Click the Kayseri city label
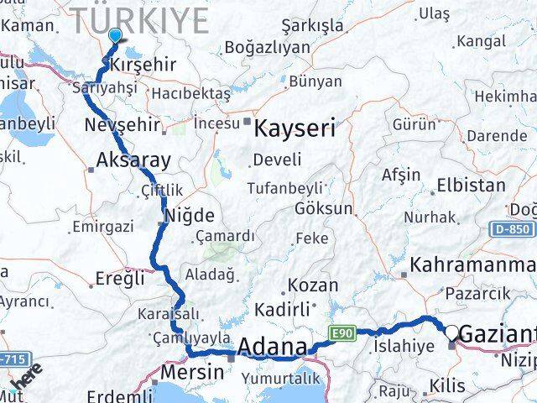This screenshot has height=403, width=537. click(294, 128)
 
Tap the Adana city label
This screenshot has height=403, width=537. click(272, 347)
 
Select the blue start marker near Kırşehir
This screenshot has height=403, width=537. click(115, 36)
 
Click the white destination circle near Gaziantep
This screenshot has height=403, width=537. click(453, 332)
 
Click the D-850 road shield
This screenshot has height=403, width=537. click(519, 228)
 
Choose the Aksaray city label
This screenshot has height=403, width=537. click(134, 160)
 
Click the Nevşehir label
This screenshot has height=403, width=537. click(123, 125)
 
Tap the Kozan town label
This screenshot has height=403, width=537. click(313, 285)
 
